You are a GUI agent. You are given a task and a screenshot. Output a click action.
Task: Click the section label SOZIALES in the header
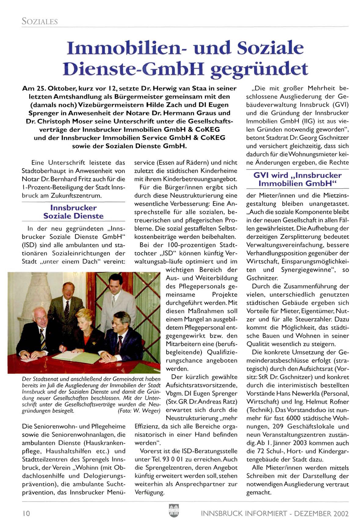tap(40, 21)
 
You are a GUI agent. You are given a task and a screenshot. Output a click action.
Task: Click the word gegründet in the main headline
tap(260, 70)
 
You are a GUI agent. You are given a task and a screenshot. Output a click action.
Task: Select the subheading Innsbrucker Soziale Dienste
tap(73, 212)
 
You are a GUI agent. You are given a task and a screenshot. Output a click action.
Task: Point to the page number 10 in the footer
tap(26, 513)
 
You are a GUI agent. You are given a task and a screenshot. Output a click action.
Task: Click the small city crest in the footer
tap(174, 511)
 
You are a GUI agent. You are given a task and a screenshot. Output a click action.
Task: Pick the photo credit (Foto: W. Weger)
tap(139, 411)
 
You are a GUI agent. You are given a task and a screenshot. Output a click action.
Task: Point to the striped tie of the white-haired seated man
tap(43, 338)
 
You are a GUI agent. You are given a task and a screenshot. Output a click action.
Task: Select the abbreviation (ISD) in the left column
tap(29, 245)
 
